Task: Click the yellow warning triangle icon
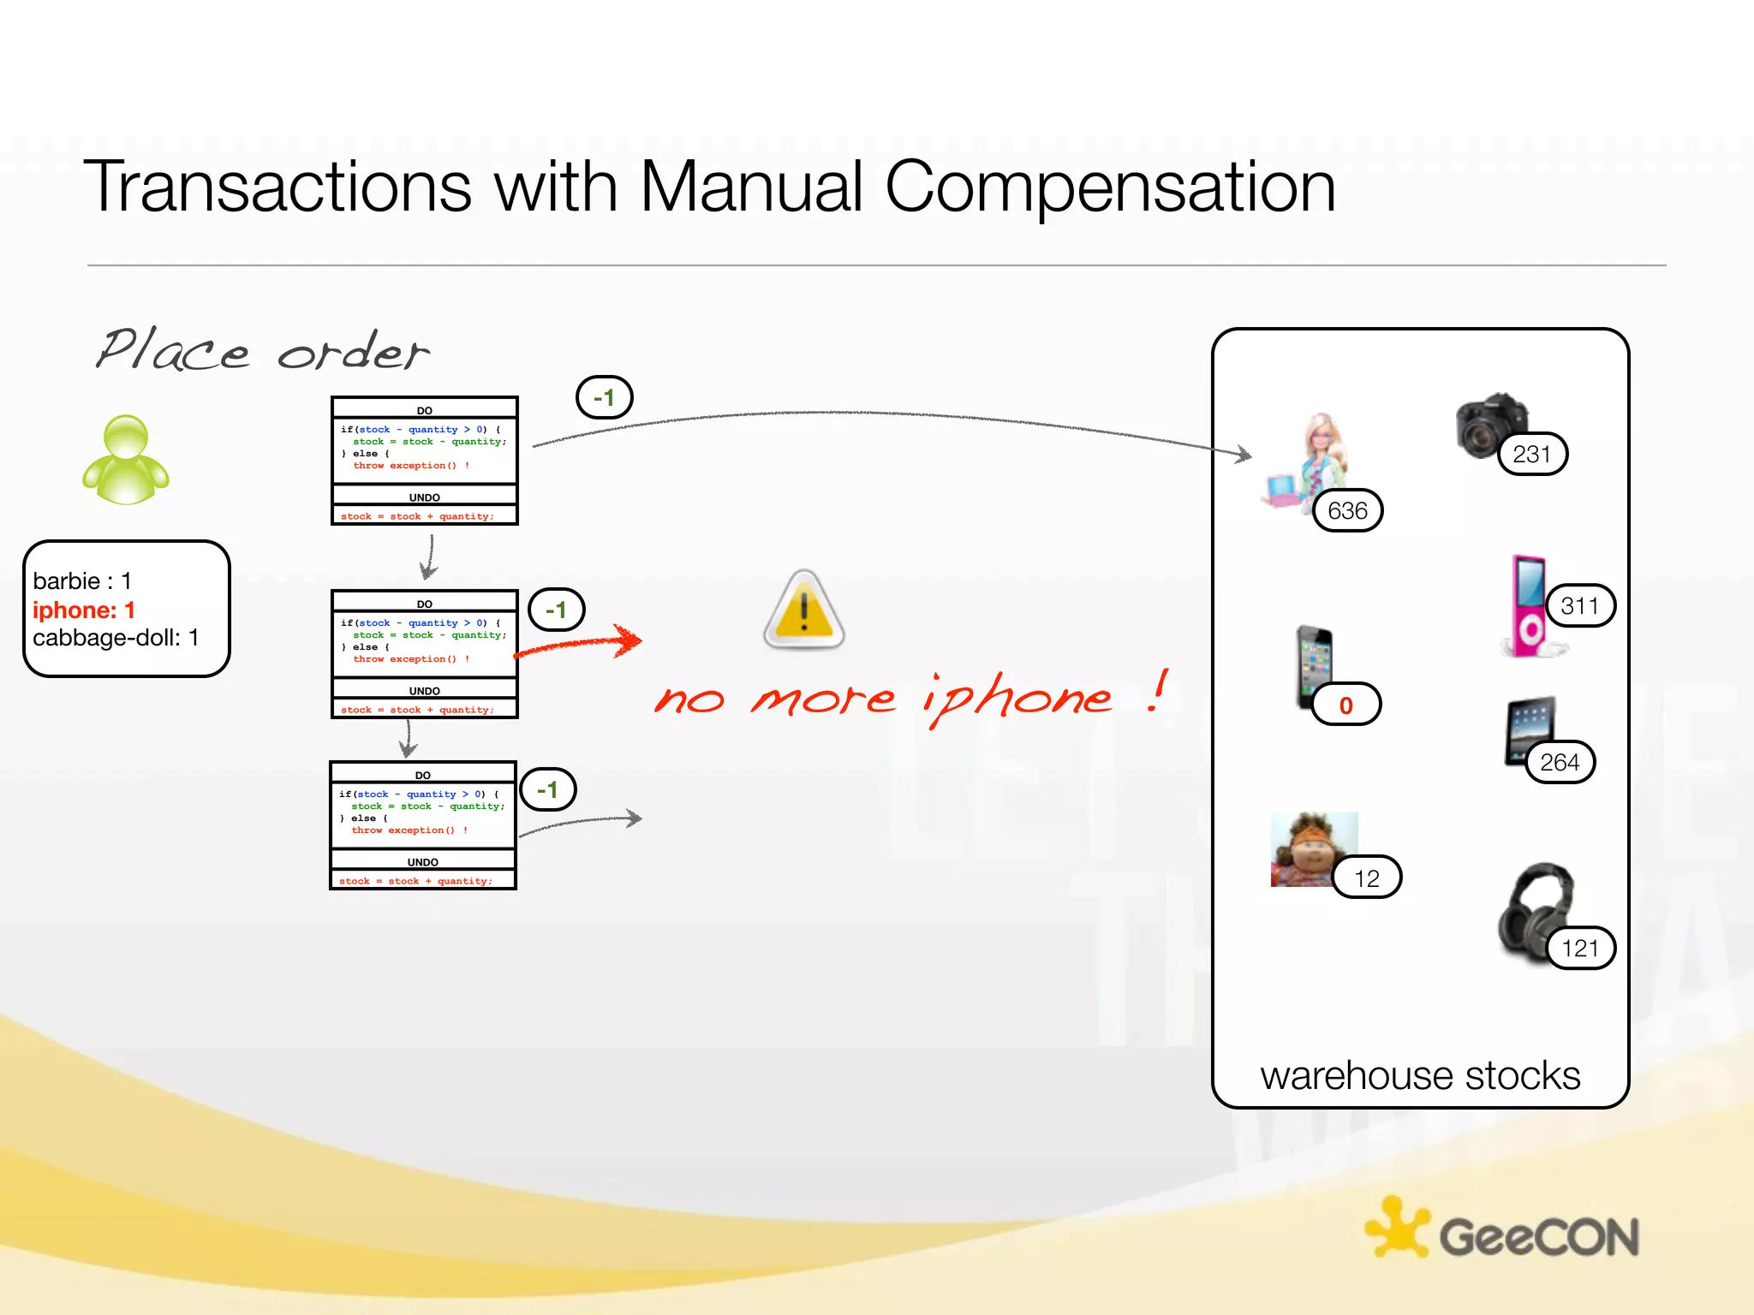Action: pos(803,610)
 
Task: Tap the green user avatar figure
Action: pos(126,461)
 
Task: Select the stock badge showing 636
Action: pos(1347,511)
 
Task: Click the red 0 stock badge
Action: pos(1345,705)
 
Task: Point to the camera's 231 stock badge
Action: pos(1532,454)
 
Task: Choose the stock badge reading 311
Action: pos(1579,606)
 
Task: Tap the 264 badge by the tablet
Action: pos(1559,762)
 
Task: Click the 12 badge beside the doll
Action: pos(1366,878)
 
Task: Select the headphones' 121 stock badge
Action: pos(1580,948)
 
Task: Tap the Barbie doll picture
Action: pos(1309,462)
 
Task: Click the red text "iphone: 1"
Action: pos(84,610)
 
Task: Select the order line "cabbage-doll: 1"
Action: pos(116,638)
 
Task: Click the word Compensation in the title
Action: pos(1110,187)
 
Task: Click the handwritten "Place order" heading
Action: pos(261,351)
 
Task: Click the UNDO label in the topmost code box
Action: pos(425,497)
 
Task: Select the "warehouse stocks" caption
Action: pos(1420,1075)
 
